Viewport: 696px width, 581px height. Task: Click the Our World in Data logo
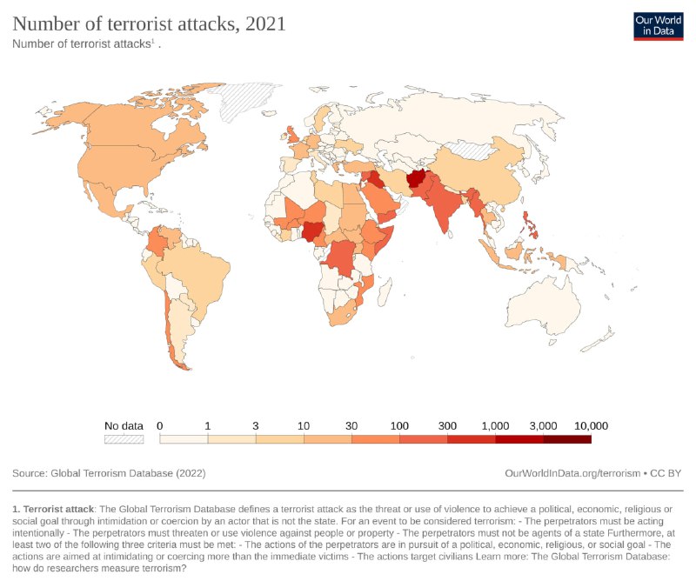pyautogui.click(x=658, y=25)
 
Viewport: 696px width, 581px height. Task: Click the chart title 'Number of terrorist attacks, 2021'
pyautogui.click(x=149, y=24)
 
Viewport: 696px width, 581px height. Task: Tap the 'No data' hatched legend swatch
pyautogui.click(x=124, y=439)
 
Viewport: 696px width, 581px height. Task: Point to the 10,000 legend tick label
pyautogui.click(x=591, y=425)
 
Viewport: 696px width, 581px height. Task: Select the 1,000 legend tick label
pyautogui.click(x=495, y=425)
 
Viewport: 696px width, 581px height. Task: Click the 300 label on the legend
pyautogui.click(x=447, y=425)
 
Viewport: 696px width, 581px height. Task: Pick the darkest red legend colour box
pyautogui.click(x=567, y=439)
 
